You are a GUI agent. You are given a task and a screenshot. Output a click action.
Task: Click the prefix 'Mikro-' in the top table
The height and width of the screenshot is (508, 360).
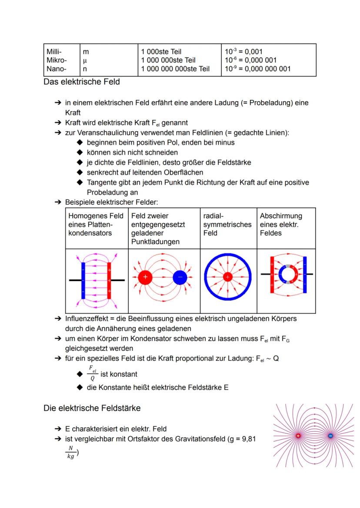click(x=57, y=60)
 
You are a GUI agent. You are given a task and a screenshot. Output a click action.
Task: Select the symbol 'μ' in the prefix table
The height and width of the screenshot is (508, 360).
click(x=85, y=60)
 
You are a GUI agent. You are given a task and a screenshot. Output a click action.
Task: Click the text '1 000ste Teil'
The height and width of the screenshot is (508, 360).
click(x=161, y=52)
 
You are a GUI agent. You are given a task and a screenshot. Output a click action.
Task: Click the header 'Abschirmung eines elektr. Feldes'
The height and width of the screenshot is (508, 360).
click(x=281, y=224)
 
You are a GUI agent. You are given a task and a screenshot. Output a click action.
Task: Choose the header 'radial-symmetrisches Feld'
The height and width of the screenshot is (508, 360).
click(x=227, y=224)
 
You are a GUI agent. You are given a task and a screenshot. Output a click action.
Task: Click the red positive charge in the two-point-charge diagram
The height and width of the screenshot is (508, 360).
click(x=145, y=277)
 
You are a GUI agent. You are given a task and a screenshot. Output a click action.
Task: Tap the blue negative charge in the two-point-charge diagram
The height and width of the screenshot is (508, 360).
click(x=179, y=277)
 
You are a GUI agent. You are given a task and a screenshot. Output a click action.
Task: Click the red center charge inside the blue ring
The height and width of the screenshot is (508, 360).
click(x=227, y=277)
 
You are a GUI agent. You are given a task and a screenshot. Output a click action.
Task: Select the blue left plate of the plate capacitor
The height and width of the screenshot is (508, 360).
click(x=83, y=280)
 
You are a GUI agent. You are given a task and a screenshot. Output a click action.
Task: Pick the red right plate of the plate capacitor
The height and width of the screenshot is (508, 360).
click(x=110, y=280)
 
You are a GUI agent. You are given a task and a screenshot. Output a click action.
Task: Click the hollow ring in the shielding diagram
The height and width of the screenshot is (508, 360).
click(x=287, y=275)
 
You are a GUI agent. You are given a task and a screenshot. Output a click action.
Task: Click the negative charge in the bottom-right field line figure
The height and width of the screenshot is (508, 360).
click(x=330, y=435)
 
